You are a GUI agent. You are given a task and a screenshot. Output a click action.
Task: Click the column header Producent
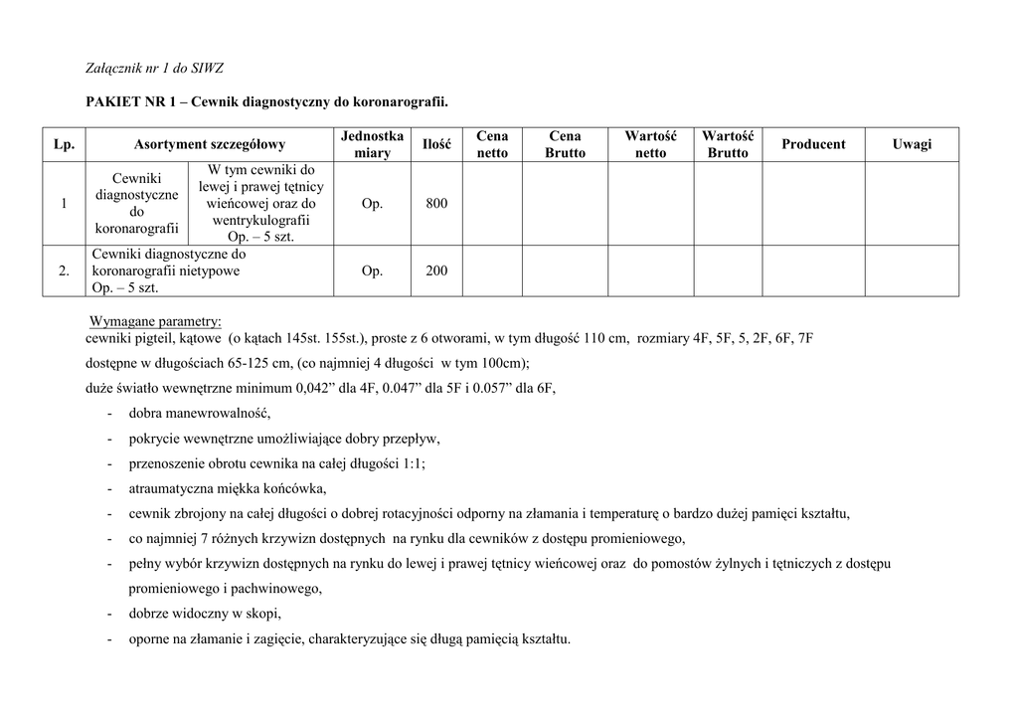[x=813, y=144]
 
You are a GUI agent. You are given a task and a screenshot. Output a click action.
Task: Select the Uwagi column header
[x=912, y=144]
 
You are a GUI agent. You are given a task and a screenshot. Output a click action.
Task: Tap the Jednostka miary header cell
[x=372, y=144]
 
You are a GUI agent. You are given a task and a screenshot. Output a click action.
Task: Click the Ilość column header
[x=436, y=144]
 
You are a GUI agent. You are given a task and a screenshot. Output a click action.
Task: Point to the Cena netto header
[x=492, y=144]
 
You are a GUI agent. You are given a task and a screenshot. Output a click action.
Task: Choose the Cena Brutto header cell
[x=565, y=144]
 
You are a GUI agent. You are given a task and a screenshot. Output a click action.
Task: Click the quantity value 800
[x=436, y=204]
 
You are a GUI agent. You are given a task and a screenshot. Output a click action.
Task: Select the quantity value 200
[x=436, y=270]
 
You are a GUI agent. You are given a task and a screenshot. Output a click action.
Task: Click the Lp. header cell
[x=64, y=144]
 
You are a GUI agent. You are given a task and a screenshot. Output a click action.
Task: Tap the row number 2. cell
[x=64, y=270]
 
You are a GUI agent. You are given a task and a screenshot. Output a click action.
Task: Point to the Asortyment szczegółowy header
[x=210, y=144]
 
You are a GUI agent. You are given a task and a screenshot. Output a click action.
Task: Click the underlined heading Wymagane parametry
[x=156, y=322]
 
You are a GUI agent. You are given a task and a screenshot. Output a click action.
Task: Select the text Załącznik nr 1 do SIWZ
[x=154, y=68]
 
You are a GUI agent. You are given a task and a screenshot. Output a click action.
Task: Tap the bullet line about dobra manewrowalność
[x=199, y=414]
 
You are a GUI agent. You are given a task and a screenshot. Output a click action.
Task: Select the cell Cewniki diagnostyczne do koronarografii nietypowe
[x=169, y=270]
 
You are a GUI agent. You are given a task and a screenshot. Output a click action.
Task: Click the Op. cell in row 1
[x=372, y=204]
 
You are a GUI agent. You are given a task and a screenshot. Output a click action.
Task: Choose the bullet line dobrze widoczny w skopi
[x=205, y=613]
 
